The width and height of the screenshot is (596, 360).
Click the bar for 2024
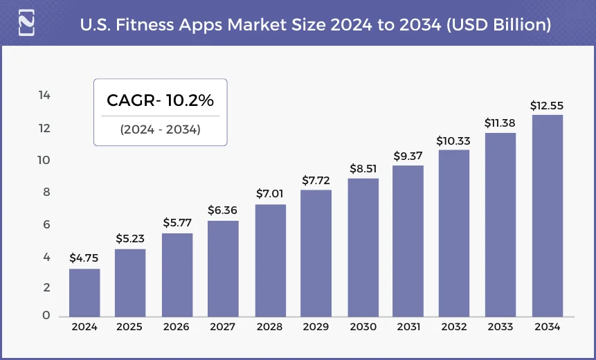[x=84, y=292]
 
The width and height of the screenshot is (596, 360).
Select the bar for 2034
[x=547, y=215]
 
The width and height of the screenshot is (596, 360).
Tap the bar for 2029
[x=316, y=253]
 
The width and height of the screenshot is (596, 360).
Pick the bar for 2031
[x=408, y=240]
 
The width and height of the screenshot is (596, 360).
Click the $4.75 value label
[x=84, y=258]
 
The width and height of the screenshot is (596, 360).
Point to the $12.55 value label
[x=547, y=105]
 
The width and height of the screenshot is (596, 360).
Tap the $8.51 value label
[x=362, y=168]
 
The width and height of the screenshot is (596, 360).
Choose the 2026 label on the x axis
[x=177, y=327]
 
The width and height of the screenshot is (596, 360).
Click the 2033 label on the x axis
[x=500, y=327]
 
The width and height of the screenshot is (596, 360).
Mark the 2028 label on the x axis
[x=269, y=327]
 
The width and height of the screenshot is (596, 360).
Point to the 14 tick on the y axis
[x=44, y=95]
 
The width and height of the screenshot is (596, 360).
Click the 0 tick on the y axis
[x=46, y=316]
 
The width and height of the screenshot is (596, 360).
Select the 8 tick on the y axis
[x=46, y=192]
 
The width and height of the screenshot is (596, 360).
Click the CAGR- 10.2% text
[x=160, y=100]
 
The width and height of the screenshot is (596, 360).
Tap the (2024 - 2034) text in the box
[x=160, y=129]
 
